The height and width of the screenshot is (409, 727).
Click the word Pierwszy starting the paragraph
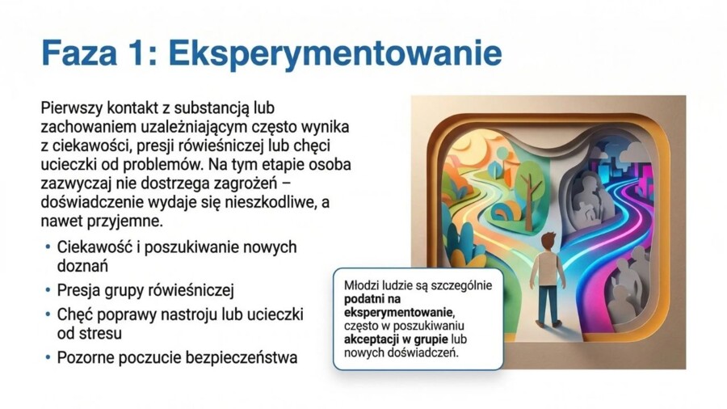pos(68,108)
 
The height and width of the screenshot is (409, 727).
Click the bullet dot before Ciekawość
pos(48,247)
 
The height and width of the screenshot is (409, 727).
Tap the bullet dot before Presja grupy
pos(48,289)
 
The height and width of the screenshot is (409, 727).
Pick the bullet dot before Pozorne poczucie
pos(48,356)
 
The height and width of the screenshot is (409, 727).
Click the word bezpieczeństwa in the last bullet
pos(244,356)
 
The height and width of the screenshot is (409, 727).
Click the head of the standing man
pos(548,240)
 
